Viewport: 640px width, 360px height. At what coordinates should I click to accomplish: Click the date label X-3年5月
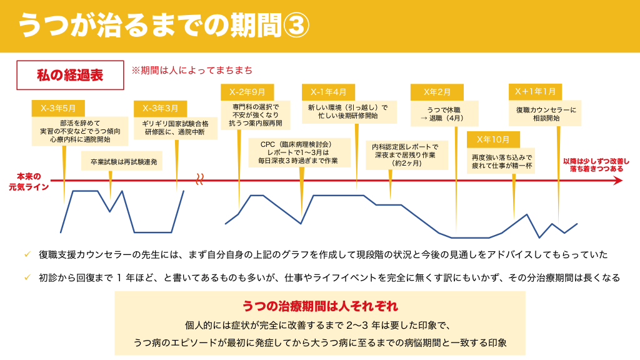coord(58,109)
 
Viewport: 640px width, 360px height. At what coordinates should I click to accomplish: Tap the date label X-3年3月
coord(160,109)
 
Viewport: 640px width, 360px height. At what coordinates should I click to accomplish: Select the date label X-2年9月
coord(247,92)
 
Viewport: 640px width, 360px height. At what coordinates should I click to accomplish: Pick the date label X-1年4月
coord(328,92)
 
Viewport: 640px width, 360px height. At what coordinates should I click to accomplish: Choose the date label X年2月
coord(437,92)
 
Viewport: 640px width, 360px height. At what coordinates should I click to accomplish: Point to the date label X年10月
coord(493,139)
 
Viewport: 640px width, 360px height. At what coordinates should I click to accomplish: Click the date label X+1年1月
coord(535,92)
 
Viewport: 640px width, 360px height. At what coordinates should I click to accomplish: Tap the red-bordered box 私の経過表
coord(70,75)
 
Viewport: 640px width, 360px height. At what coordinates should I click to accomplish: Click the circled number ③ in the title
coord(296,25)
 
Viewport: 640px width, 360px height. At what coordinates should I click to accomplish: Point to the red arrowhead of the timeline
coord(618,181)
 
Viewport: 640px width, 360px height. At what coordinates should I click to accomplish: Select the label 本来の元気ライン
coord(29,182)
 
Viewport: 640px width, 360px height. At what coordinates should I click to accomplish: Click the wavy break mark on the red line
coord(199,179)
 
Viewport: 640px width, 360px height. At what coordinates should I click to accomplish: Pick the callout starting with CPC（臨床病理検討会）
coord(299,152)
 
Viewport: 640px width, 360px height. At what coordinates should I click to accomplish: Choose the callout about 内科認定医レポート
coord(406,155)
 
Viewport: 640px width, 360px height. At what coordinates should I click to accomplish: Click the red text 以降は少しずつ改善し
coord(596,161)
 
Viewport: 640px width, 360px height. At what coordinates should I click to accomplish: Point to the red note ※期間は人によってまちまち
coord(192,70)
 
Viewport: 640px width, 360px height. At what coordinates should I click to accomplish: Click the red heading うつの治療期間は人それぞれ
coord(320,306)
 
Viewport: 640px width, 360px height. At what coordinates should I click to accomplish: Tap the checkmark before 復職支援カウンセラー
coord(27,254)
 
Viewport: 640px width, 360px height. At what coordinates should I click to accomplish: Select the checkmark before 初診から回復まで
coord(27,277)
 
